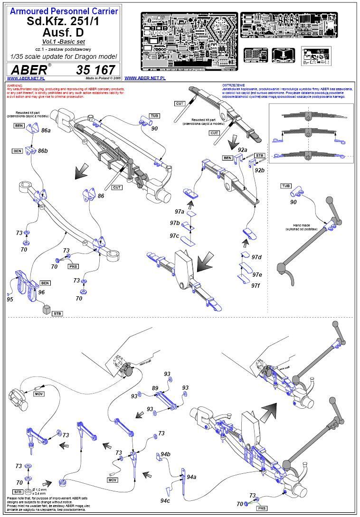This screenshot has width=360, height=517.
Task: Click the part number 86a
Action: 46,130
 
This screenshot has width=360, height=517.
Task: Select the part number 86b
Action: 43,151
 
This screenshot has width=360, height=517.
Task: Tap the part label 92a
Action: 243,150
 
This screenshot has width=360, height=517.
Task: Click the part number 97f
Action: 256,285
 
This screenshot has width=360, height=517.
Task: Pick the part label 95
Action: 10,299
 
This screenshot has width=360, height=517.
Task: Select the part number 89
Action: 155,388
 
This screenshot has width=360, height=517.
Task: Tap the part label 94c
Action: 165,500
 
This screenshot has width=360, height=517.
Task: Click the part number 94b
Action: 165,454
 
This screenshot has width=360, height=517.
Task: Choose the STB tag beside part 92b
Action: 259,155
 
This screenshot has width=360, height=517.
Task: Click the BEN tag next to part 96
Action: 45,283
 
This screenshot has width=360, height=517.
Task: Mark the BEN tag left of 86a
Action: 18,125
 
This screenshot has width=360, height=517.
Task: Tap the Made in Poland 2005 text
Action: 104,77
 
